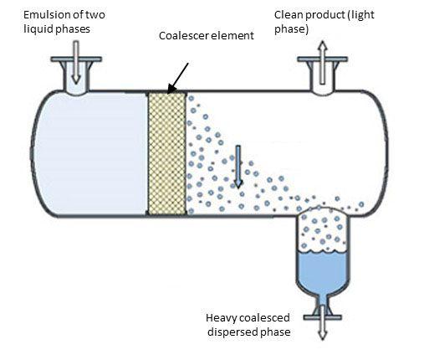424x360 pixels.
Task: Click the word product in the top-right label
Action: [325, 15]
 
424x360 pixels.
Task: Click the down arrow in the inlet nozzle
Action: [75, 62]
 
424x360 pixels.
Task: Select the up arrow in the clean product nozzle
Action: [322, 62]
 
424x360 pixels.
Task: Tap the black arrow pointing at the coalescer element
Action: [178, 78]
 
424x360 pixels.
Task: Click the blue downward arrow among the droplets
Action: [238, 167]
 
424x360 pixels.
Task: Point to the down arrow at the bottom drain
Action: [323, 322]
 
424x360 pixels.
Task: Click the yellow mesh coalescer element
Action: [167, 154]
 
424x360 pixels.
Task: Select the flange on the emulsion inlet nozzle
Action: [76, 59]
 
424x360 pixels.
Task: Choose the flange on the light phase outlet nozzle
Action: [322, 59]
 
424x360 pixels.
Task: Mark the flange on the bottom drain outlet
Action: [323, 317]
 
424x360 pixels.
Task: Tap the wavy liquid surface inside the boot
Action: [322, 251]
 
